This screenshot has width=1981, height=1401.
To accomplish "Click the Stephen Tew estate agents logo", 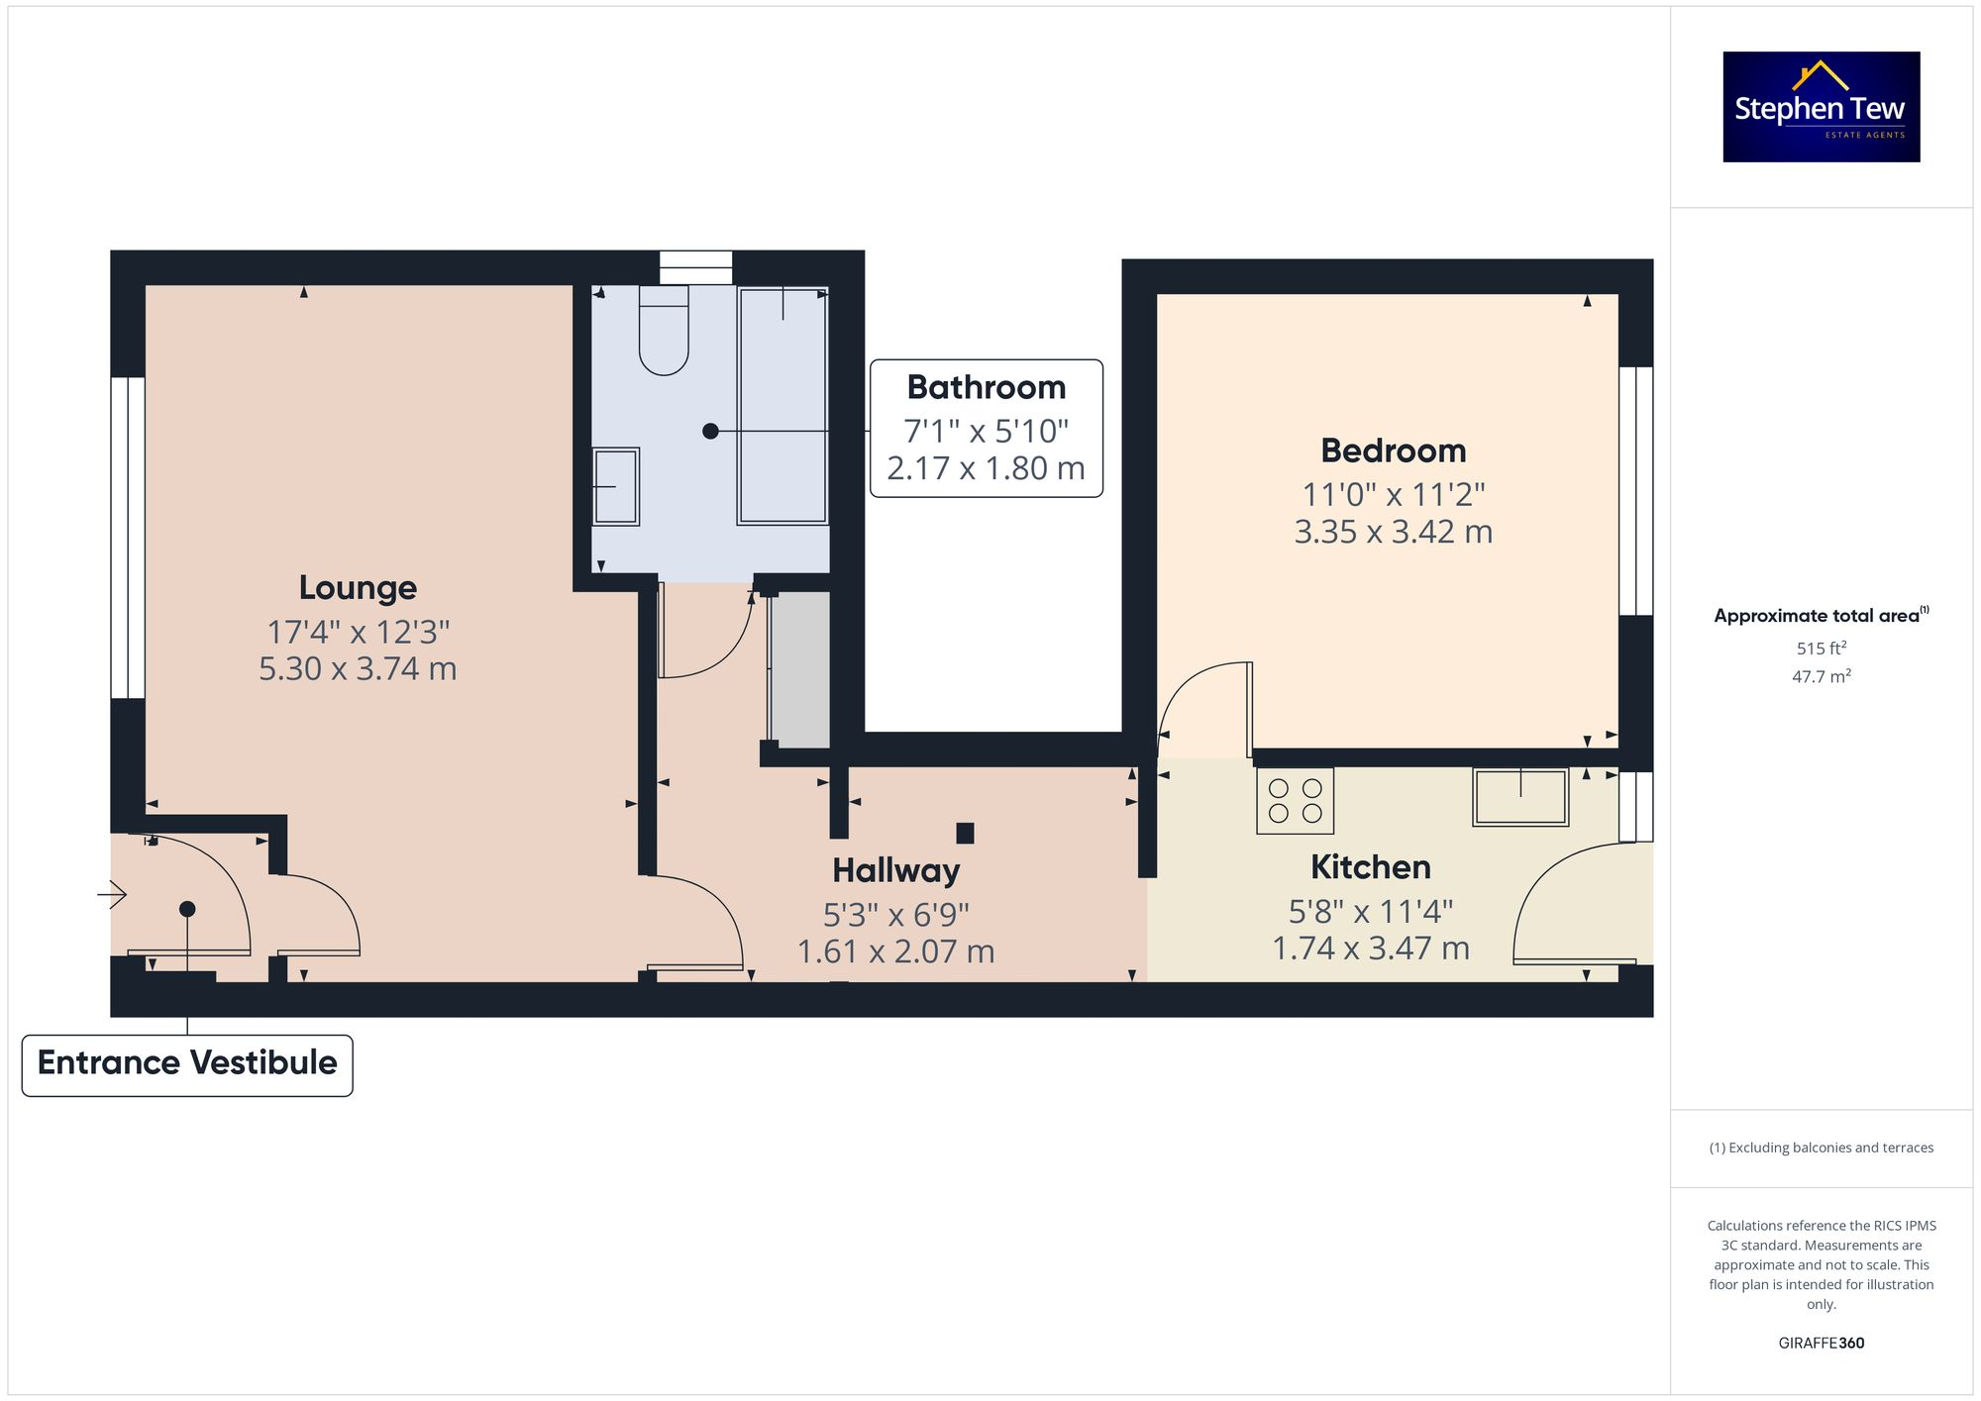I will pyautogui.click(x=1821, y=107).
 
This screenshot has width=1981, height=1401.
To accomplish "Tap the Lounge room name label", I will pyautogui.click(x=358, y=587).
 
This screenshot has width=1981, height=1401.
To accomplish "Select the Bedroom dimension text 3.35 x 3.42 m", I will pyautogui.click(x=1393, y=532).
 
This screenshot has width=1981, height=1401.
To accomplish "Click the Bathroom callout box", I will pyautogui.click(x=986, y=428).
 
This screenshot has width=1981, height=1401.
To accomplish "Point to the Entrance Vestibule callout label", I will pyautogui.click(x=187, y=1064).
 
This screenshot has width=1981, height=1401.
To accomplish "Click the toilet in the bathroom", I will pyautogui.click(x=664, y=332).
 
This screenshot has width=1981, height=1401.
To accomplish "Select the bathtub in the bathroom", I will pyautogui.click(x=782, y=406).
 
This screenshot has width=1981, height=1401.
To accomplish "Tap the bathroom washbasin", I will pyautogui.click(x=616, y=486).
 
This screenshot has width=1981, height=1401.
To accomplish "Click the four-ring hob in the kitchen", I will pyautogui.click(x=1295, y=801).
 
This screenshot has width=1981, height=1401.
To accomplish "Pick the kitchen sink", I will pyautogui.click(x=1519, y=797).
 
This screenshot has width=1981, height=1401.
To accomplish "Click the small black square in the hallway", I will pyautogui.click(x=965, y=833).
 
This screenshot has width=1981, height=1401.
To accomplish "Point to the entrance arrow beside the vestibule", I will pyautogui.click(x=112, y=895).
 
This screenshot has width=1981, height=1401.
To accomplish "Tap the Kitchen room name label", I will pyautogui.click(x=1370, y=867).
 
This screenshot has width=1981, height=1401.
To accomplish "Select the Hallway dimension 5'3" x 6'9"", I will pyautogui.click(x=895, y=914).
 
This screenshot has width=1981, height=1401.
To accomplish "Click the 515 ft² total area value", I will pyautogui.click(x=1821, y=649).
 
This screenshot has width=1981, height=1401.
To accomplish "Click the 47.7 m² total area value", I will pyautogui.click(x=1821, y=676).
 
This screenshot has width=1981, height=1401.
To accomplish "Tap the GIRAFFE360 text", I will pyautogui.click(x=1821, y=1343).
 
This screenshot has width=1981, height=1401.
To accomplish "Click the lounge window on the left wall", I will pyautogui.click(x=128, y=538).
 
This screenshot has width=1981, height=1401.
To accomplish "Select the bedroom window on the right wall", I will pyautogui.click(x=1635, y=491).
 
